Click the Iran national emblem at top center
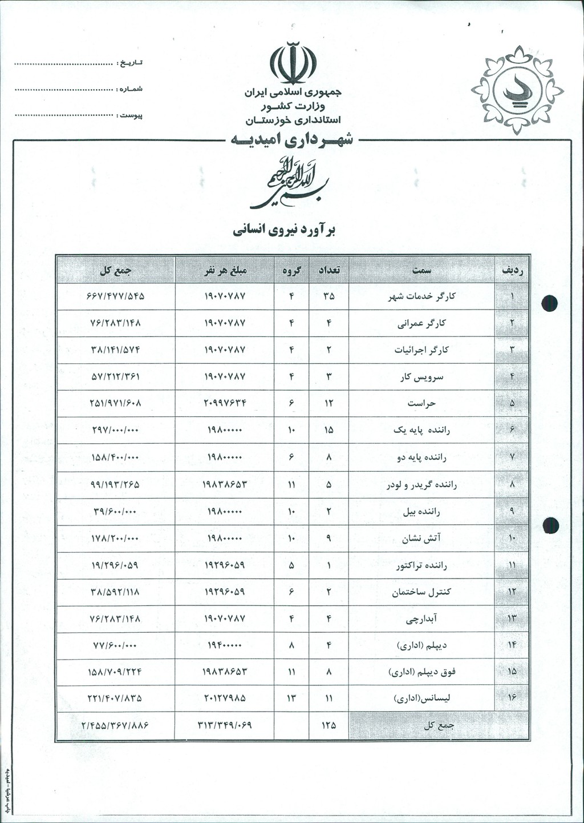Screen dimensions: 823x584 pyautogui.click(x=293, y=62)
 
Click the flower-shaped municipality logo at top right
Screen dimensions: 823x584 pyautogui.click(x=517, y=90)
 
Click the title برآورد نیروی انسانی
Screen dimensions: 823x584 pyautogui.click(x=284, y=230)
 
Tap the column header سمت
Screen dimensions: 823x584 pyautogui.click(x=421, y=270)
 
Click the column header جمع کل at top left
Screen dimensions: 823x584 pyautogui.click(x=115, y=270)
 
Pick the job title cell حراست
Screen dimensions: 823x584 pyautogui.click(x=421, y=404)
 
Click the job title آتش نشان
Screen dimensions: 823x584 pyautogui.click(x=421, y=538)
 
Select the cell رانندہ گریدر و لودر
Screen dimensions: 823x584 pyautogui.click(x=421, y=485)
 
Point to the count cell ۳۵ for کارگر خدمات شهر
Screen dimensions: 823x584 pyautogui.click(x=328, y=296)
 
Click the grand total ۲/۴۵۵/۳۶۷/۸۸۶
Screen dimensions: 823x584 pyautogui.click(x=115, y=725)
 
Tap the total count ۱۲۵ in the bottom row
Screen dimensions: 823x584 pyautogui.click(x=328, y=725)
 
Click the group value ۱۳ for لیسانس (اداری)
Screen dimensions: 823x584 pyautogui.click(x=291, y=698)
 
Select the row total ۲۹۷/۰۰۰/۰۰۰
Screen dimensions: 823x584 pyautogui.click(x=115, y=430)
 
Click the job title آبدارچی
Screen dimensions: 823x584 pyautogui.click(x=421, y=619)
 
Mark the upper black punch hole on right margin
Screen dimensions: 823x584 pyautogui.click(x=550, y=303)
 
